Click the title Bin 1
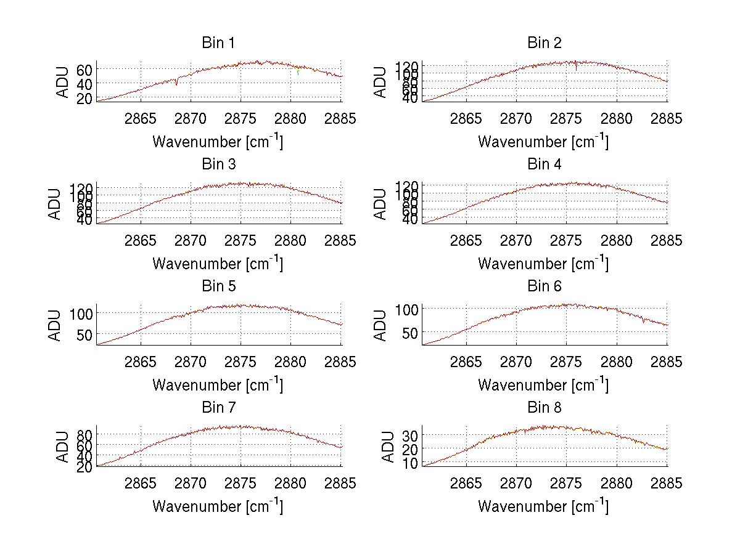pyautogui.click(x=218, y=43)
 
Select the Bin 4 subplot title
pyautogui.click(x=545, y=164)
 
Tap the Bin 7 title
pyautogui.click(x=218, y=408)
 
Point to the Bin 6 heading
pyautogui.click(x=545, y=286)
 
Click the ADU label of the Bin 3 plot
pyautogui.click(x=55, y=204)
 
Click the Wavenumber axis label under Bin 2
pyautogui.click(x=543, y=142)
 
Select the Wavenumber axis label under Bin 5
pyautogui.click(x=218, y=385)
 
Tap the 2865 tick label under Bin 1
pyautogui.click(x=141, y=119)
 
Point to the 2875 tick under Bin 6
pyautogui.click(x=567, y=362)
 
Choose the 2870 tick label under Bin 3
pyautogui.click(x=191, y=240)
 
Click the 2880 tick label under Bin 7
pyautogui.click(x=291, y=484)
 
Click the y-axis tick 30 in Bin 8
pyautogui.click(x=411, y=435)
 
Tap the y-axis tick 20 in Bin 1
pyautogui.click(x=86, y=98)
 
